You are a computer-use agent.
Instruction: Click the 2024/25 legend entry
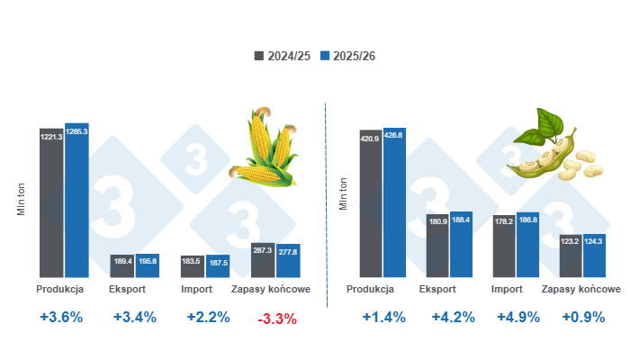283,56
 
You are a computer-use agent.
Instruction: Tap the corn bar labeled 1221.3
50,202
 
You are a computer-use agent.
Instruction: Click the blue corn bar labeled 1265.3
76,200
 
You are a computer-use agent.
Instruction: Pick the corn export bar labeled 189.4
122,265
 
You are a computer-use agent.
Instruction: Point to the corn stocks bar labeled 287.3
264,260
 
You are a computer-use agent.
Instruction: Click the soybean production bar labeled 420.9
371,203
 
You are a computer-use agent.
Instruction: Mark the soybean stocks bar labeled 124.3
594,256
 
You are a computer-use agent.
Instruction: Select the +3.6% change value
61,317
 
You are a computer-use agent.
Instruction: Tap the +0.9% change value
581,317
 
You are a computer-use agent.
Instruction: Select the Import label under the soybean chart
508,290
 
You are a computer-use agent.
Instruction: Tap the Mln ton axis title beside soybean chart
343,193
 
